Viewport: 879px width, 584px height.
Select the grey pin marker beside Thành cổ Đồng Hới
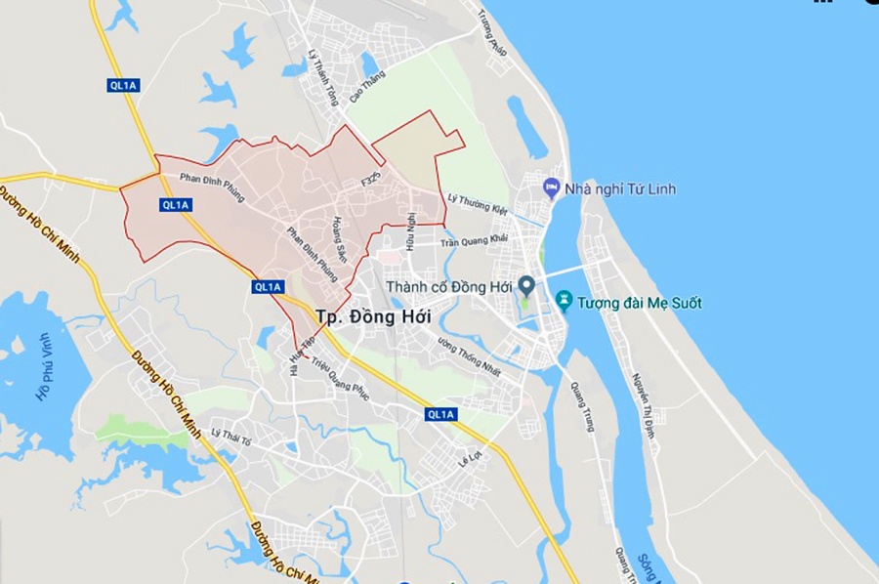(x=526, y=285)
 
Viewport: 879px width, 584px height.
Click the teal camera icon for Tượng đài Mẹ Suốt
(x=563, y=299)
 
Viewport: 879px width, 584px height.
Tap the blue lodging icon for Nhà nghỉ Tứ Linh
(x=552, y=187)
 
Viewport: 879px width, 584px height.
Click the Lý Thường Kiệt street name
(x=479, y=204)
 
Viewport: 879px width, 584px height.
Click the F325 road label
(x=370, y=181)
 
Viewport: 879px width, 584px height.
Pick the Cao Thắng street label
(x=367, y=85)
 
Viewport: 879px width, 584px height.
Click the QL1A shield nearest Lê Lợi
(x=441, y=415)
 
